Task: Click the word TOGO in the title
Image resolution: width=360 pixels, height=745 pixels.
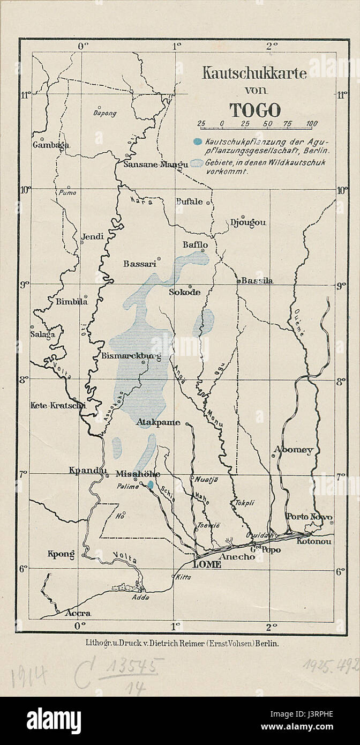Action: (255, 110)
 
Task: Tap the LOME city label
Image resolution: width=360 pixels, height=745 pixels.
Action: (207, 564)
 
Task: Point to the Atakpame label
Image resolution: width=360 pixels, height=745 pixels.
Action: (159, 422)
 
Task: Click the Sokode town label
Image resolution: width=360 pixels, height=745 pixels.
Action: (185, 293)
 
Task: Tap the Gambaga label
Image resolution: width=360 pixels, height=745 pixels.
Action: (51, 145)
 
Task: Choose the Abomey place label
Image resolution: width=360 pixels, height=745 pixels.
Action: (293, 450)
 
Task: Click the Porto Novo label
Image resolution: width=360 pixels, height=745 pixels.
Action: (309, 517)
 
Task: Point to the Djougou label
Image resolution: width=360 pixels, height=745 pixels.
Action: (248, 222)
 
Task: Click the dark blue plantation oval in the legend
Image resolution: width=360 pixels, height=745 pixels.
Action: (197, 142)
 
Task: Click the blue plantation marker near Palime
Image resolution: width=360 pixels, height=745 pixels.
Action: (151, 485)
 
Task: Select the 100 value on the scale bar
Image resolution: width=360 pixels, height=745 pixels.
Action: (311, 124)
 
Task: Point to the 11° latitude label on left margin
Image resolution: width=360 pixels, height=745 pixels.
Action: (25, 95)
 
